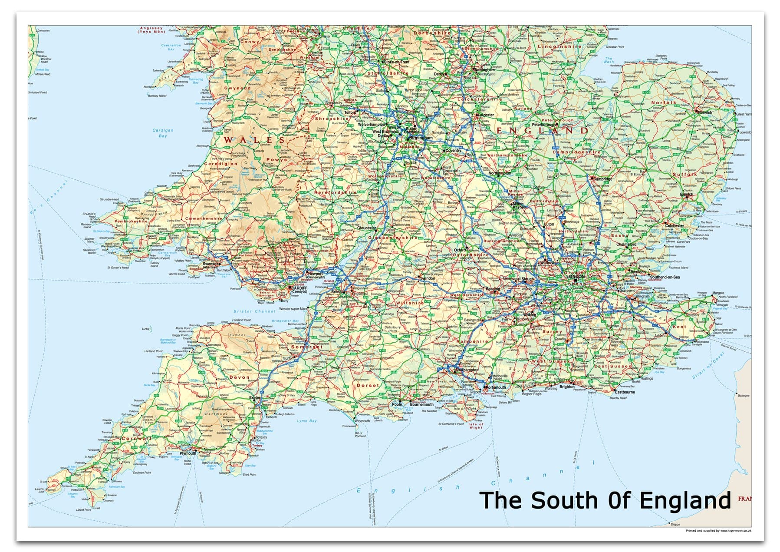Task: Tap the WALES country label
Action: (254, 140)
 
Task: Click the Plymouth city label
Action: (188, 453)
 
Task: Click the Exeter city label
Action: (255, 397)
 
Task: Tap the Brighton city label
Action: (566, 387)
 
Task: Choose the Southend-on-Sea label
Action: (665, 277)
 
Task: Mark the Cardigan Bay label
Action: (163, 133)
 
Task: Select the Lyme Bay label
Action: (307, 421)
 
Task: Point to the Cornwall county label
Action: (136, 439)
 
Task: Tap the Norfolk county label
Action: (664, 103)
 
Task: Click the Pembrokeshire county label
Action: (131, 221)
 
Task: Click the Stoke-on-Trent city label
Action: (397, 62)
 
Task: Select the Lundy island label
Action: (146, 329)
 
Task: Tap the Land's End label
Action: (39, 490)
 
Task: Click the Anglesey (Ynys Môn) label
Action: (151, 30)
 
